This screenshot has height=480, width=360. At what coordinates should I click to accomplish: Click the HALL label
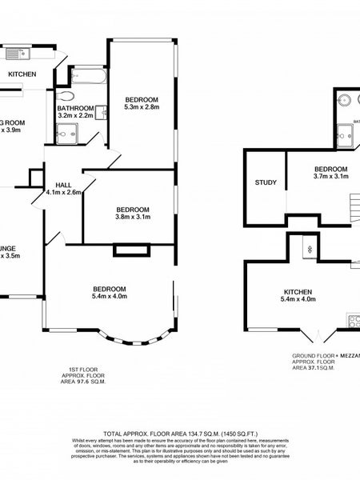(63, 184)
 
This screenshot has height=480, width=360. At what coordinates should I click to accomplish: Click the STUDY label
(266, 182)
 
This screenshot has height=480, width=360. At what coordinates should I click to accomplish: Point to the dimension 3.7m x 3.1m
(330, 177)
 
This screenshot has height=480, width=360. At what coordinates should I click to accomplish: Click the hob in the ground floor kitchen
(352, 321)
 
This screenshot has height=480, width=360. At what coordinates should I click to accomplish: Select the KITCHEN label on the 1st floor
(22, 74)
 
